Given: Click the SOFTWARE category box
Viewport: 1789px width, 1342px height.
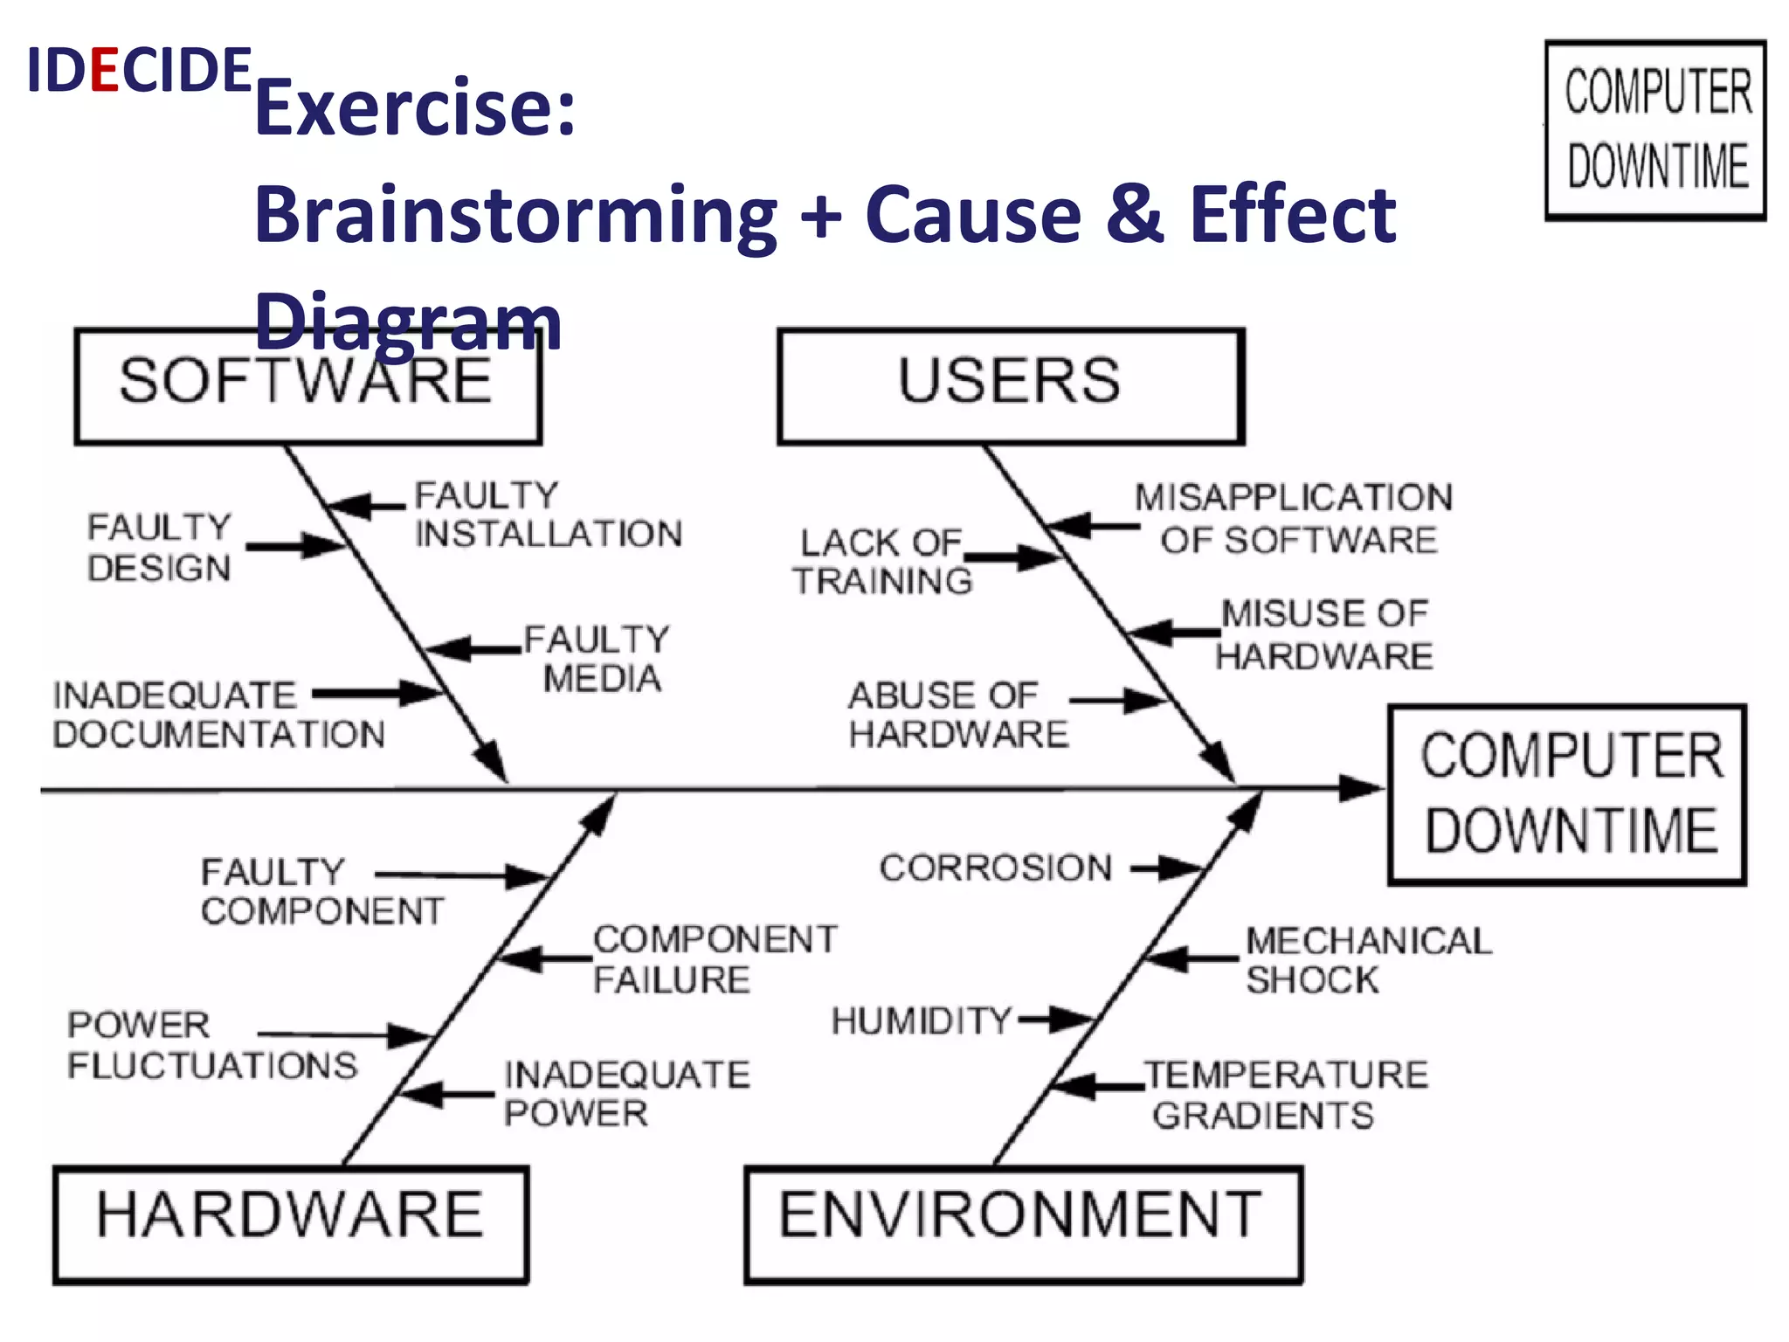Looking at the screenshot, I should (307, 386).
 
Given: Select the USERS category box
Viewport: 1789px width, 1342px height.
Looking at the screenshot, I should (1011, 386).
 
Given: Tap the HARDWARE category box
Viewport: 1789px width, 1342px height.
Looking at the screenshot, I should (291, 1223).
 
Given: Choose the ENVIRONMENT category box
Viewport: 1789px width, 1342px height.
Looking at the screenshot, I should (1023, 1223).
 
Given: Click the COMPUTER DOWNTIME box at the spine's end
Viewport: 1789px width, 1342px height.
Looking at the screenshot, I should (1567, 794).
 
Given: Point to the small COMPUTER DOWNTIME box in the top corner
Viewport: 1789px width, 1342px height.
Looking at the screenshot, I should (1655, 129).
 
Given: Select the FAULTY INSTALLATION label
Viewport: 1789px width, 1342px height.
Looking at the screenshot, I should (547, 515).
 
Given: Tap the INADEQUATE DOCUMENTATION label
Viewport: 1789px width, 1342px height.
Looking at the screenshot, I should (218, 715).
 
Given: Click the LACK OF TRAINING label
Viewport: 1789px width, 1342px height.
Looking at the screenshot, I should (882, 562).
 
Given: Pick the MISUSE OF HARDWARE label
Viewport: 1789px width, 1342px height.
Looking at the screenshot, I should (1324, 634).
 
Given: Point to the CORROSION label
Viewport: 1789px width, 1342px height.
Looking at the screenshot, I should (996, 868).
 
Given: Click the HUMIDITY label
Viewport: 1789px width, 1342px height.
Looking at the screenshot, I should (921, 1020).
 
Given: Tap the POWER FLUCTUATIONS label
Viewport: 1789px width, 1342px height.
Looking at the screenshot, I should (212, 1045).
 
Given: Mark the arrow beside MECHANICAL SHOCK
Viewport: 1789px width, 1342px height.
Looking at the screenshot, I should (1192, 959).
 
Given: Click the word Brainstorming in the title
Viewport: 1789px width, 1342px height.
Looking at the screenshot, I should (515, 215).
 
